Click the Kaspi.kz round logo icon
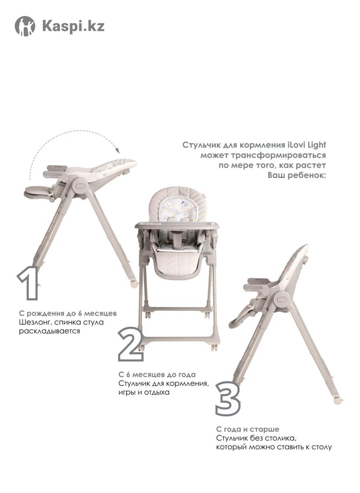coord(25,26)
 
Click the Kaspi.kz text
coord(73,26)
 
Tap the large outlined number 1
coord(29,283)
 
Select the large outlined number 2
coord(131,344)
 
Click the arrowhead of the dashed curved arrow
coord(118,151)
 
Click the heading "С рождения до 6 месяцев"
coord(68,313)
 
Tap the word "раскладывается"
coord(49,331)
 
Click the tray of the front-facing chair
coord(177,225)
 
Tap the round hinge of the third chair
coord(282,299)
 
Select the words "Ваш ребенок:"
coord(297,175)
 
